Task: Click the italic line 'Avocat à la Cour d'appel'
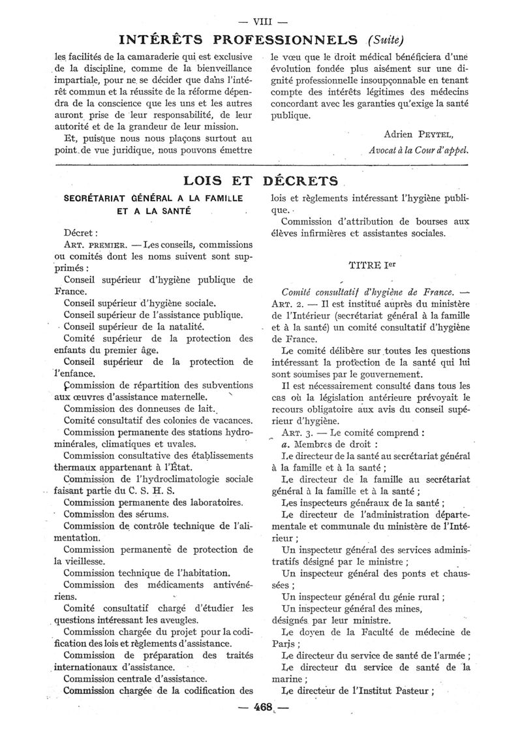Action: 418,149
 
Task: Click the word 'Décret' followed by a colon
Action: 81,232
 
